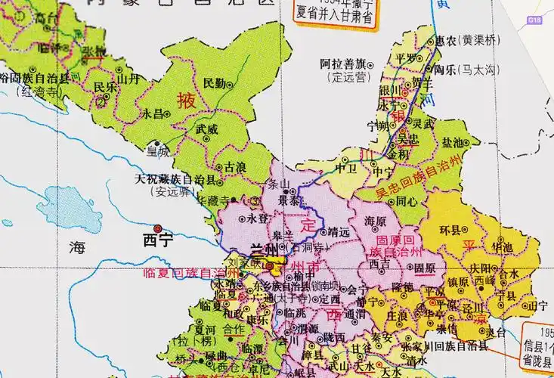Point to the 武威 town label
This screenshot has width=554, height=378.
(x=207, y=129)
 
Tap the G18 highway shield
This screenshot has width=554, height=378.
(x=535, y=18)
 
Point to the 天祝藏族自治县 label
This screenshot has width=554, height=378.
(x=175, y=180)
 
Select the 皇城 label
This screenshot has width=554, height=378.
(x=159, y=151)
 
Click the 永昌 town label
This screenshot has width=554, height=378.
(x=153, y=113)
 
